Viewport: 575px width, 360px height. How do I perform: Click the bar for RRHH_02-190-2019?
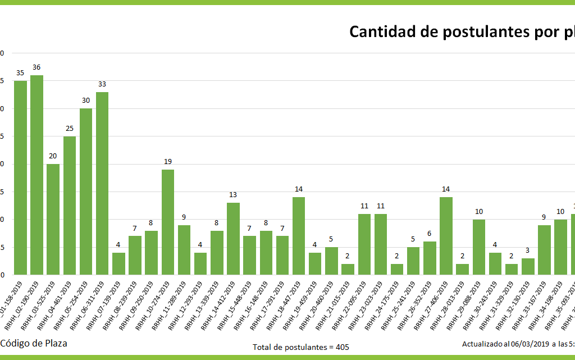tap(36, 175)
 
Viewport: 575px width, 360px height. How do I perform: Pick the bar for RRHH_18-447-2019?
tap(299, 236)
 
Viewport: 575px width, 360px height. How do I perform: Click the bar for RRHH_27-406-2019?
tap(446, 236)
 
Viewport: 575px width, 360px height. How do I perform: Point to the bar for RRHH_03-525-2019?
tap(53, 219)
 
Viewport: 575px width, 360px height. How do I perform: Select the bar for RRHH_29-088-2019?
tap(478, 247)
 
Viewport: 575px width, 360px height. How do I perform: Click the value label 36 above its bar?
tap(36, 67)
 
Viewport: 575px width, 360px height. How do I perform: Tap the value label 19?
tap(167, 162)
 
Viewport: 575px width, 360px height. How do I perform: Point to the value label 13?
tap(233, 195)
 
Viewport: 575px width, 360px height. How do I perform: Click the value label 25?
tap(69, 129)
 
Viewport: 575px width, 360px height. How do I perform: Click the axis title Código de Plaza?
tap(34, 343)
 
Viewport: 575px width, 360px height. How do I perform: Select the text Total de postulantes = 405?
tap(301, 347)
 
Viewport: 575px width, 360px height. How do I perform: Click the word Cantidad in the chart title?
tap(382, 31)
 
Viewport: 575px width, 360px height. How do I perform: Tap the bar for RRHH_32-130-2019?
tap(528, 267)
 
